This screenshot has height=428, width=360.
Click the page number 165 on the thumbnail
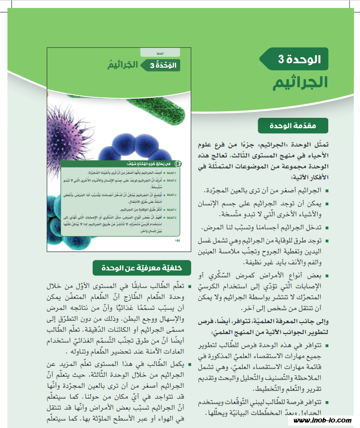point(178,240)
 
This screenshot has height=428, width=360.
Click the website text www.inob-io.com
point(323,421)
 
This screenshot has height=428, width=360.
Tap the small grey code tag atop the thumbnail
point(160,51)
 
